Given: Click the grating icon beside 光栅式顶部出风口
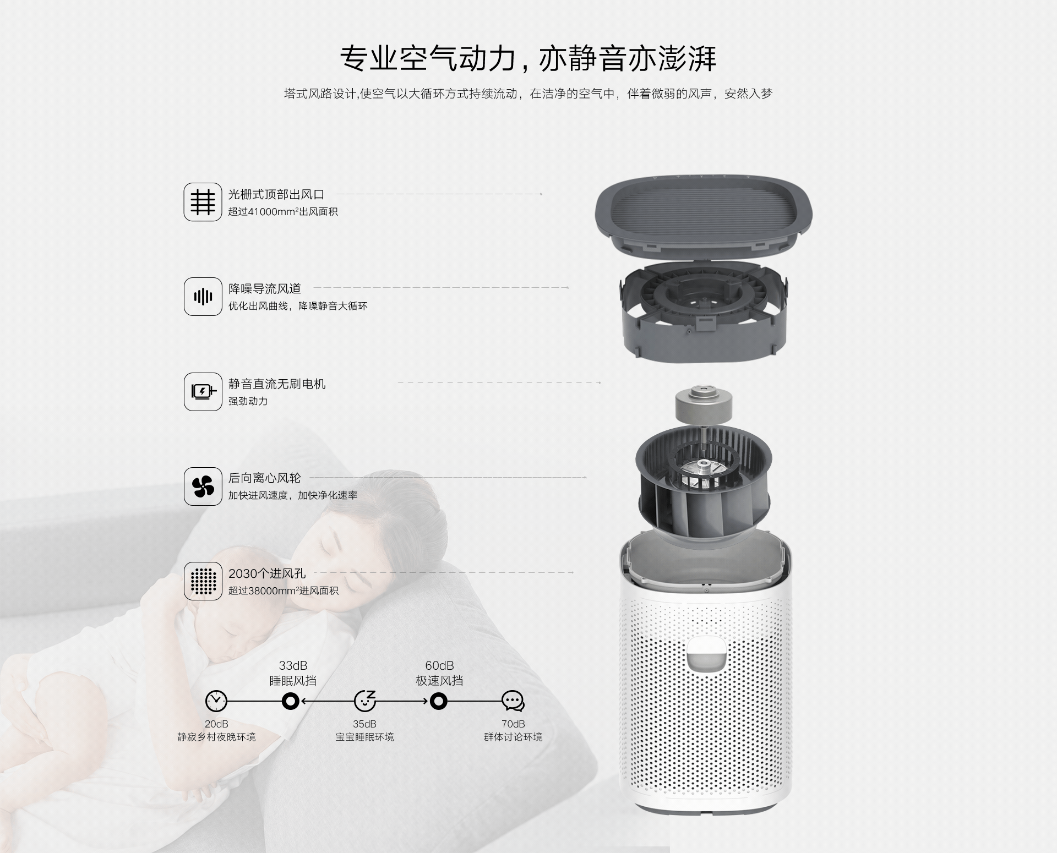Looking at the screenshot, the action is pyautogui.click(x=203, y=202).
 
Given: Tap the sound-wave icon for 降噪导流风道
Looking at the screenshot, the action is pyautogui.click(x=203, y=297).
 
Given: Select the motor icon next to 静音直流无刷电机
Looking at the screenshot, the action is pyautogui.click(x=203, y=392).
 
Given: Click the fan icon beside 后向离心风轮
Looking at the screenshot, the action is pyautogui.click(x=203, y=486).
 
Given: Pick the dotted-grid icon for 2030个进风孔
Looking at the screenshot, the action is pyautogui.click(x=203, y=581).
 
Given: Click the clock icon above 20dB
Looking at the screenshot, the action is pyautogui.click(x=216, y=701).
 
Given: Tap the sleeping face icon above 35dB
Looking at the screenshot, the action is pyautogui.click(x=364, y=701).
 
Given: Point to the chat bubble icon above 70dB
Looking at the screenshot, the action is pyautogui.click(x=513, y=701).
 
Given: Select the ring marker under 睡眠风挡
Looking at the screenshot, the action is pyautogui.click(x=290, y=701).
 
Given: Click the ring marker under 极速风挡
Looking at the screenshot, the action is pyautogui.click(x=439, y=701).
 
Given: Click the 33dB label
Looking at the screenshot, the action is pyautogui.click(x=293, y=666).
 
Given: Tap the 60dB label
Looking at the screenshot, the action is pyautogui.click(x=439, y=666).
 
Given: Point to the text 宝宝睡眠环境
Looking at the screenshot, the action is pyautogui.click(x=364, y=737).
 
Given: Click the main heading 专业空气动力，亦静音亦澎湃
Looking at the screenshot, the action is pyautogui.click(x=528, y=58).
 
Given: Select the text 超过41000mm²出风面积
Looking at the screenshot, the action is pyautogui.click(x=283, y=212).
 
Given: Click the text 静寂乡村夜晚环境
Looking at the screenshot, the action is pyautogui.click(x=216, y=737).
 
